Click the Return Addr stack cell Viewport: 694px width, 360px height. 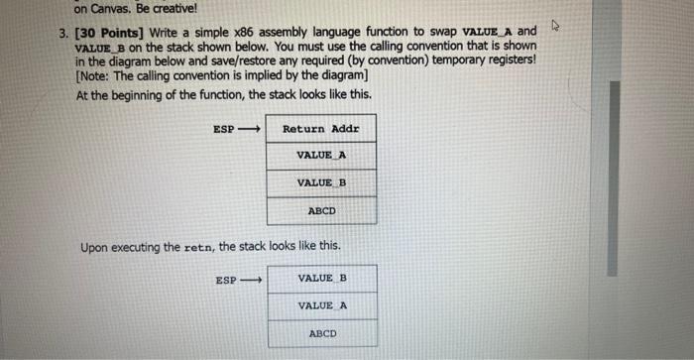pos(321,129)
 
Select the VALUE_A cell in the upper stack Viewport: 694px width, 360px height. pos(321,156)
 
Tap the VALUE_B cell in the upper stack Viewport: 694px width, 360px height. pos(321,183)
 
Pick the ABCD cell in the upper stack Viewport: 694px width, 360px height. pos(321,210)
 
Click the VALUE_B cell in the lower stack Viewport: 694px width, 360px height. pos(322,278)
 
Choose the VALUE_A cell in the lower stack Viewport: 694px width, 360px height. pos(322,305)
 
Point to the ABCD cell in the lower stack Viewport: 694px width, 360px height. pos(322,333)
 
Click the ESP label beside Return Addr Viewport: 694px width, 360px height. pos(224,130)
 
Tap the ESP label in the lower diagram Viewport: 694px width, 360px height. pos(226,281)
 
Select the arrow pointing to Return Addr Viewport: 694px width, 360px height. pos(250,130)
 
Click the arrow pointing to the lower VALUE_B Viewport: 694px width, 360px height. pos(251,281)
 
